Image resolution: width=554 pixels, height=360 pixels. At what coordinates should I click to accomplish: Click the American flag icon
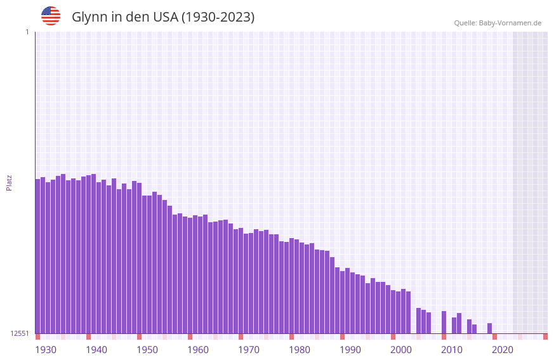click(x=51, y=16)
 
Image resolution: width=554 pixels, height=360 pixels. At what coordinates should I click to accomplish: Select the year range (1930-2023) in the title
click(x=218, y=17)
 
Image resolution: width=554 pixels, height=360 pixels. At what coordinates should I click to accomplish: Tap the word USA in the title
click(x=166, y=17)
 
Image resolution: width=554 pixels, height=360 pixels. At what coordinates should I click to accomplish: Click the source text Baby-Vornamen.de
click(x=510, y=23)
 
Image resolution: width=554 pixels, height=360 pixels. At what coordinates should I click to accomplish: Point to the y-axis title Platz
click(x=9, y=182)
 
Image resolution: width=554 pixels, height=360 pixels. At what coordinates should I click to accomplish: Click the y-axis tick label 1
click(x=27, y=32)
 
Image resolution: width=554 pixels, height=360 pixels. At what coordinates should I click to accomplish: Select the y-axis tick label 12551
click(x=20, y=333)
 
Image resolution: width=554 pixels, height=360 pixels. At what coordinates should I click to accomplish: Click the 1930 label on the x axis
click(x=46, y=349)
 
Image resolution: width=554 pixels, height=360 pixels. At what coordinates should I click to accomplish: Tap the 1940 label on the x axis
click(x=96, y=349)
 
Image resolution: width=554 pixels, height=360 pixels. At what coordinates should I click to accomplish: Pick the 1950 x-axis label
click(x=147, y=349)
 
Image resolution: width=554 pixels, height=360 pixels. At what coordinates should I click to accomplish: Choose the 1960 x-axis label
click(x=198, y=349)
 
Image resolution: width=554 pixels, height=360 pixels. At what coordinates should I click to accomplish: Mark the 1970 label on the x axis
click(x=249, y=349)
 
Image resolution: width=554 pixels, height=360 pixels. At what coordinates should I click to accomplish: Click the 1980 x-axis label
click(x=300, y=349)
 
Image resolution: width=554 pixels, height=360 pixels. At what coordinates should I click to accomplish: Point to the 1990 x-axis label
click(x=350, y=349)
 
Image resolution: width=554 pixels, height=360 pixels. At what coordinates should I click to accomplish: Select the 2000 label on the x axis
click(x=401, y=349)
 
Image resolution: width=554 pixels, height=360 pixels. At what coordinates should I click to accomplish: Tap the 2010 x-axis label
click(x=452, y=349)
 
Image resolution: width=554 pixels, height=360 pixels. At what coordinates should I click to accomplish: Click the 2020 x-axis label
click(x=503, y=349)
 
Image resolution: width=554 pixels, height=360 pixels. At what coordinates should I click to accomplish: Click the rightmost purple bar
click(x=490, y=328)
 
